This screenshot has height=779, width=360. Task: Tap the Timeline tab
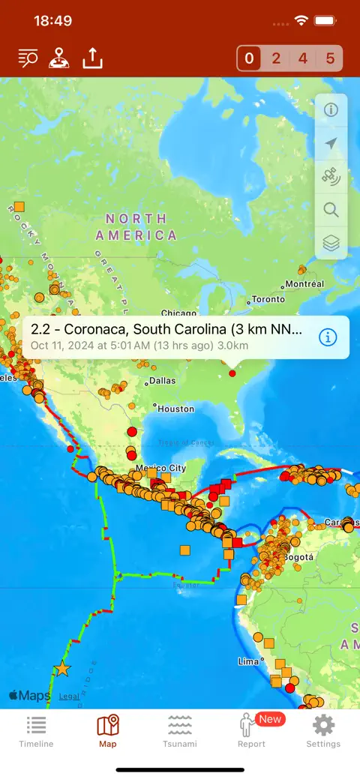36,731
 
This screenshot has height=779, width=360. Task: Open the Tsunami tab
180,731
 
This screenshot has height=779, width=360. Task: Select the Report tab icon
251,730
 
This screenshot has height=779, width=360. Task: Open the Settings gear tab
323,731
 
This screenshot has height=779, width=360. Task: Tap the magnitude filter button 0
250,58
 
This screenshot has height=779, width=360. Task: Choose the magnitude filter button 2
276,58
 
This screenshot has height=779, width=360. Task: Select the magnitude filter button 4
302,58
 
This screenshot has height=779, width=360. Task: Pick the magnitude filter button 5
330,58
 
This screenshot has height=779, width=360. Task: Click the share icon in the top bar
92,58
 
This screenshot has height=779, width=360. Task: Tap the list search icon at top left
28,58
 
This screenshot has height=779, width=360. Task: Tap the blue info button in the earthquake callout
328,337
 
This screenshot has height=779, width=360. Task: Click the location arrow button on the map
331,143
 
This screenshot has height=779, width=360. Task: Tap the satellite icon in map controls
331,176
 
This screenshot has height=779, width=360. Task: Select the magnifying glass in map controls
331,210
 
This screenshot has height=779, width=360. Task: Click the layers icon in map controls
331,243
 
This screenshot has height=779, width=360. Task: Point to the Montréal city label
306,284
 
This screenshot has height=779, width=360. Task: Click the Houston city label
176,409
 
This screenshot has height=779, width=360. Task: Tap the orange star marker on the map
61,669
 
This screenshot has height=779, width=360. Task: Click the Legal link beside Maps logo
69,697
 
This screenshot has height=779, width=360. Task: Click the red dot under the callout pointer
232,373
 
